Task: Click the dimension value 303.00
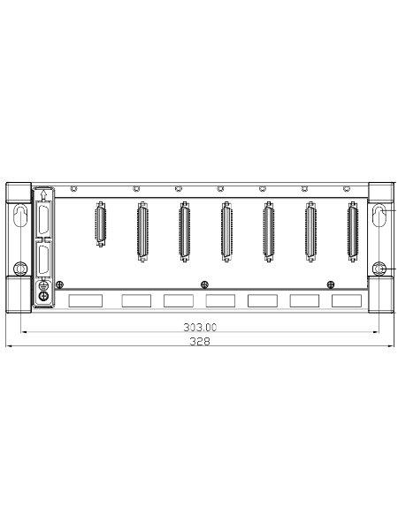200,327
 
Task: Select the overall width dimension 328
200,341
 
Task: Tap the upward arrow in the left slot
43,194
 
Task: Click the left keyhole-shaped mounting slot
20,216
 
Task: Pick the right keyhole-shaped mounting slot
379,216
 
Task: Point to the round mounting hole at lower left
20,269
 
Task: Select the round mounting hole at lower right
379,269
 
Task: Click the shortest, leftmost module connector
100,224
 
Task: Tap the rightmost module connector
353,231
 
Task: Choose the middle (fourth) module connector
226,231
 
